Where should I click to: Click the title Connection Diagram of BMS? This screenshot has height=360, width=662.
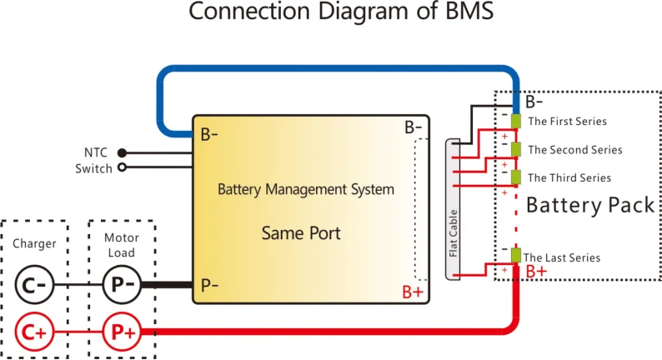point(331,13)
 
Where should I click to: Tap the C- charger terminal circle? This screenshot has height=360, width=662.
point(34,286)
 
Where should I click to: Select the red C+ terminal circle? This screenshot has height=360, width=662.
point(34,332)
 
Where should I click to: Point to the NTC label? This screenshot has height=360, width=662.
point(96,152)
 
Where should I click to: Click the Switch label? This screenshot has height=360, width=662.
point(93,168)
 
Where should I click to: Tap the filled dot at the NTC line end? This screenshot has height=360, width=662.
point(123,152)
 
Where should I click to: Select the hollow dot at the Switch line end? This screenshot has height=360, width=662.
point(123,167)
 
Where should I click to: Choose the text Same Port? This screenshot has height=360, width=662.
point(301,232)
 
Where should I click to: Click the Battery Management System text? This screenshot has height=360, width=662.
point(306,189)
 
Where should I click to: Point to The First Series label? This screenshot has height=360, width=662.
point(568,122)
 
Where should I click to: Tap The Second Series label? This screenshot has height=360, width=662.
point(575,150)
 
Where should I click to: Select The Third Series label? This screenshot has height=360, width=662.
point(569,177)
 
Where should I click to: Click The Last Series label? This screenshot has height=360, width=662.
point(561,257)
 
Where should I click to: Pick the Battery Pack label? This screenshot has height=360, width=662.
point(590,205)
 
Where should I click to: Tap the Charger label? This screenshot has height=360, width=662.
point(34,244)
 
